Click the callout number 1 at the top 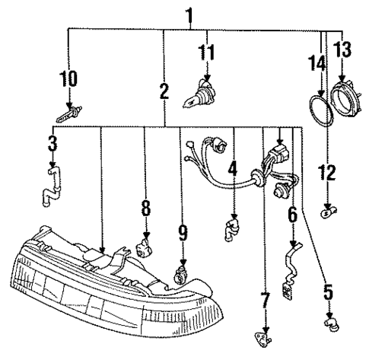[189, 14]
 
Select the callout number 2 [164, 92]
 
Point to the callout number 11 [205, 53]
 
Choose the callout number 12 [328, 174]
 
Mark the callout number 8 [145, 207]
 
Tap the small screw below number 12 [328, 212]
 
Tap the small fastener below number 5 [329, 327]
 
